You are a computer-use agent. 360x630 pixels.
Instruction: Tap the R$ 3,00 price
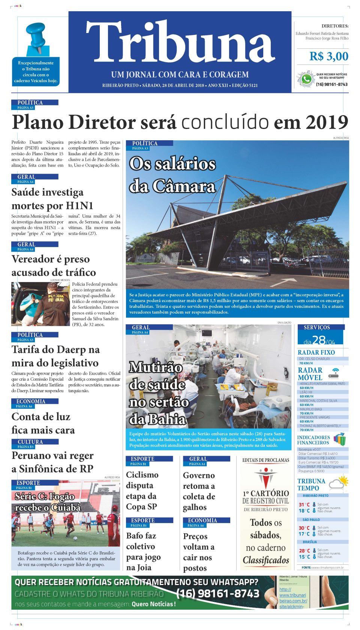point(328,57)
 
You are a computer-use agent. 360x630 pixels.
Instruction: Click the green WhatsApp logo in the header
point(306,79)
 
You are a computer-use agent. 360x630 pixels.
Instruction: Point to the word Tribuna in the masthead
point(180,42)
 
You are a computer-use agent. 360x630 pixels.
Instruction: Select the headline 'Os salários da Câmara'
point(172,175)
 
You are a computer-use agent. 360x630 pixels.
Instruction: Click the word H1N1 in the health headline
point(79,205)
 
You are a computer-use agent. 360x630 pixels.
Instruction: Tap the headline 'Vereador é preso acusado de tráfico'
point(54,265)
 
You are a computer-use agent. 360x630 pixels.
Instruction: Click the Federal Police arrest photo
point(40,304)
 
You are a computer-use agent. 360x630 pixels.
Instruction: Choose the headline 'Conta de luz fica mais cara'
point(43,423)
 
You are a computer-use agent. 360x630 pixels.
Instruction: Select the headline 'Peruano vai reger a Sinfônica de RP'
point(52,462)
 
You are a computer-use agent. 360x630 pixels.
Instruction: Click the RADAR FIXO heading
point(316,352)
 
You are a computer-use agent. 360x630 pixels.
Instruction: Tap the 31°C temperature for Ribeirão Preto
point(304,505)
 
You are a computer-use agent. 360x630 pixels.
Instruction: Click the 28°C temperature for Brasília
point(304,550)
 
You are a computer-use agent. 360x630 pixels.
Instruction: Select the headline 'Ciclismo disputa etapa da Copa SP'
point(142,490)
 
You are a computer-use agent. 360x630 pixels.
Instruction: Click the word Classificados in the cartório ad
point(266,560)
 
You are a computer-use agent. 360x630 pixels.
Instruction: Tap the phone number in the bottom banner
point(217,594)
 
